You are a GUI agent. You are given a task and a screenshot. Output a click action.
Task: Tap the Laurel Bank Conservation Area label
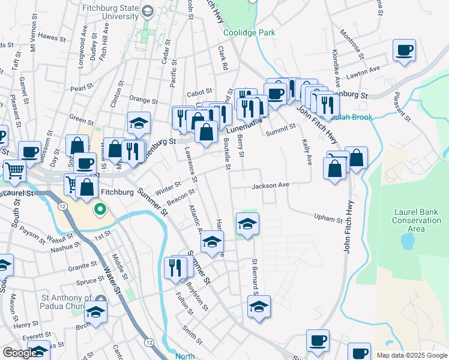[417, 220]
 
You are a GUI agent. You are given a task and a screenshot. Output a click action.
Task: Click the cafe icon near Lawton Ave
[404, 50]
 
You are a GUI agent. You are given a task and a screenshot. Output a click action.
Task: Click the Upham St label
[328, 218]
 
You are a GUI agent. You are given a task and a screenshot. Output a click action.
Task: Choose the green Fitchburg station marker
[100, 211]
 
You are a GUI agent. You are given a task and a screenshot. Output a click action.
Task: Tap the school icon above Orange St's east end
[139, 122]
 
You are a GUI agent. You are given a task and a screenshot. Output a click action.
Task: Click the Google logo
[20, 353]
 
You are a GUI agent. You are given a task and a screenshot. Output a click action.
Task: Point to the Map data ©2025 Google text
[411, 355]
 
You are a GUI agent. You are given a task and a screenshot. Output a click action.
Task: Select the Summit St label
[281, 128]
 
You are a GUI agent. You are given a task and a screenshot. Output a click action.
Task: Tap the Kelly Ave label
[307, 152]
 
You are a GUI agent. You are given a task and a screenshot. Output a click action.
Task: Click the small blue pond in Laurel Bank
[408, 242]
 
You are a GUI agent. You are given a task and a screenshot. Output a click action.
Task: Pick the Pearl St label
[80, 88]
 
